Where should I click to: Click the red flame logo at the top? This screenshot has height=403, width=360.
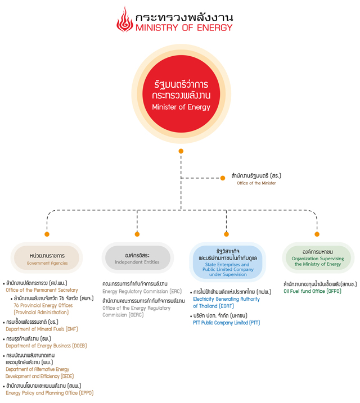coord(125,20)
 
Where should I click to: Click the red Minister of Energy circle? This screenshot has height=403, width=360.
coord(181,94)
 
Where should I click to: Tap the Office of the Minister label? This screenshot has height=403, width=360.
coord(256,183)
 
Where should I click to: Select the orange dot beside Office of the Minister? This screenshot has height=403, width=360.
coord(223,178)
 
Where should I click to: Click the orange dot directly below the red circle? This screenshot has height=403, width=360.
coord(181,151)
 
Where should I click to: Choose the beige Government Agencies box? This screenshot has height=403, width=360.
coord(47,258)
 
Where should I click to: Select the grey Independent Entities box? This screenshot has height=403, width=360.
coord(137,258)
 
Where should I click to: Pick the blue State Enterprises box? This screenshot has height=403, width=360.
coord(228,262)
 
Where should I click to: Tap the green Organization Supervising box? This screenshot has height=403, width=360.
coord(318,258)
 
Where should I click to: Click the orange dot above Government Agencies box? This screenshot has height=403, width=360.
coord(47,234)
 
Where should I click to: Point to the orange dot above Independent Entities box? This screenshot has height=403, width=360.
coord(137,234)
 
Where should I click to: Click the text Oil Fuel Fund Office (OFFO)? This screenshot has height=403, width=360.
coord(312,291)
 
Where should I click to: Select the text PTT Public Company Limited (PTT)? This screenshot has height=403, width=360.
coord(227,323)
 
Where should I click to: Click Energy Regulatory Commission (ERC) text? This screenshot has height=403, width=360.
coord(142,292)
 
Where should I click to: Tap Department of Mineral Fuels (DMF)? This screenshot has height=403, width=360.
coord(42,329)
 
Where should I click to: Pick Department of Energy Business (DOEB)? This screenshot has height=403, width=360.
coord(46,346)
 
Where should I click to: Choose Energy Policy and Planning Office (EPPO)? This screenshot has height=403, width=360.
coord(49,393)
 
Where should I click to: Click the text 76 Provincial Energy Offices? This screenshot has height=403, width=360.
coord(43,305)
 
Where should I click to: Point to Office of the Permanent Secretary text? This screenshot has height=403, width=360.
coord(42,290)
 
